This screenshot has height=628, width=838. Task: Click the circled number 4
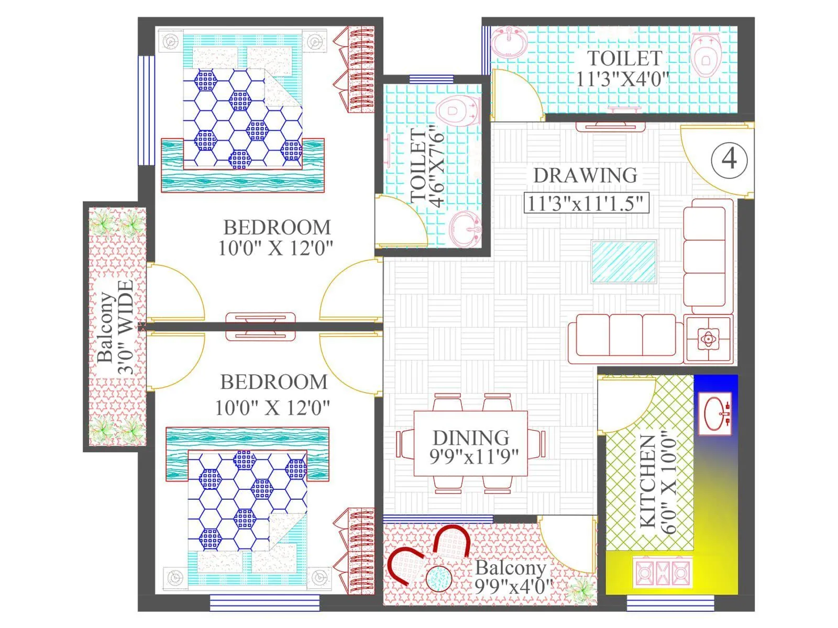729,158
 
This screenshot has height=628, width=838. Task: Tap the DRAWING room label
585,175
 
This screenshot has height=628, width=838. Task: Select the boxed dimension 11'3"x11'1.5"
586,203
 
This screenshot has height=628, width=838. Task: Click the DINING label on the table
470,438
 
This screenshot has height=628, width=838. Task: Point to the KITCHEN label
648,481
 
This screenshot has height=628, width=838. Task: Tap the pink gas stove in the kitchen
663,573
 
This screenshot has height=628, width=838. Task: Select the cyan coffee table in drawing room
624,262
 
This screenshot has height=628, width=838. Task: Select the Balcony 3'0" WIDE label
115,327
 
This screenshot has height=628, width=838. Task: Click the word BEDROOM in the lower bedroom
273,382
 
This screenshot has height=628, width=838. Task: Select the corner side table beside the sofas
708,340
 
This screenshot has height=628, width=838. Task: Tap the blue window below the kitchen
656,603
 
